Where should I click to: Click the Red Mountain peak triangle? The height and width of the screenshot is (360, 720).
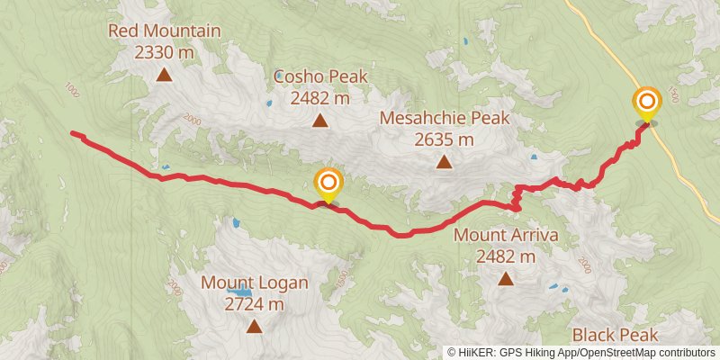point(164,76)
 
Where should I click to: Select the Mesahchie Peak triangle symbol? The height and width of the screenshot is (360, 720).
point(444,162)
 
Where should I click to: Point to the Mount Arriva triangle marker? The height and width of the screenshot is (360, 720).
point(506,279)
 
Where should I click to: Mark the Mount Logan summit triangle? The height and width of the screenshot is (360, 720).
point(254,327)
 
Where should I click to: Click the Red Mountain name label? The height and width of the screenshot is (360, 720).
point(164,31)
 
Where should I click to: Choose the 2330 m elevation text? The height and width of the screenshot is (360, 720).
point(164,52)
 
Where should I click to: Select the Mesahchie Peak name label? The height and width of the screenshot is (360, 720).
point(445,118)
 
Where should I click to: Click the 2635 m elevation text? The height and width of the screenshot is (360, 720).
point(445,139)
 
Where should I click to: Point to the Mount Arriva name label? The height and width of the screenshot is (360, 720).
point(506,236)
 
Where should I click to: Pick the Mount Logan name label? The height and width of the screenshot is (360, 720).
point(254,283)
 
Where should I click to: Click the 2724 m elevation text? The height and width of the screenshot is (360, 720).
point(254,304)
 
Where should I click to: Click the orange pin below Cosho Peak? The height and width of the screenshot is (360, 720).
point(328,184)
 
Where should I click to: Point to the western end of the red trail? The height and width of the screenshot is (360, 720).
point(73,134)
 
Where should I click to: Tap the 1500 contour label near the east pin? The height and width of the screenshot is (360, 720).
point(673,95)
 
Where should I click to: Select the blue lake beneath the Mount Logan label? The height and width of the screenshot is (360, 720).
point(238,292)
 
